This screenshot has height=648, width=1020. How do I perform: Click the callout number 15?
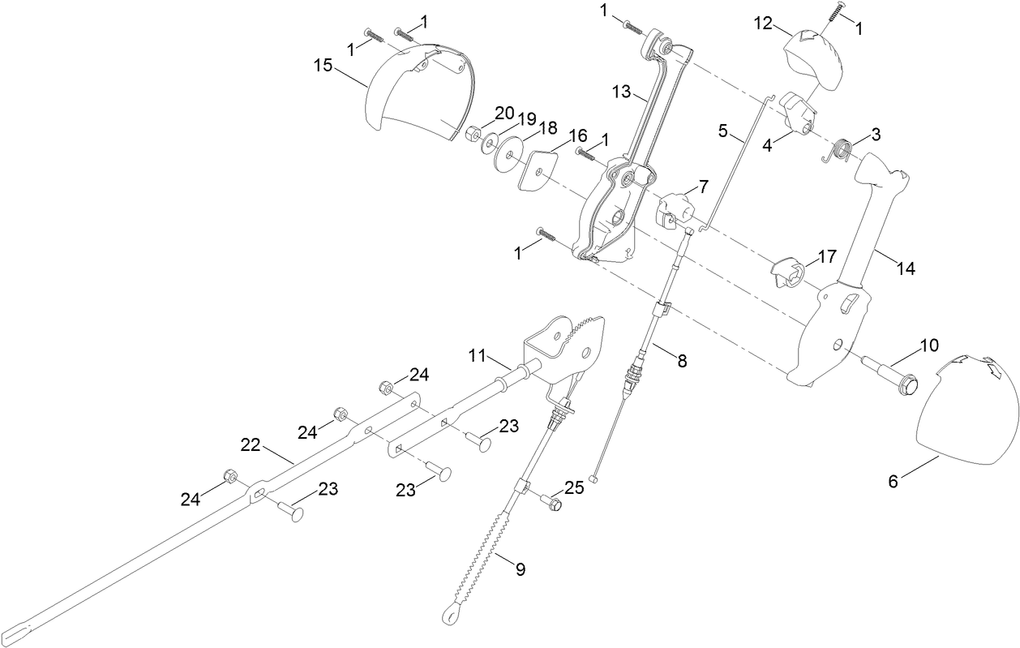coord(324,66)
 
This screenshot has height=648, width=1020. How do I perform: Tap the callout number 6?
coord(893,481)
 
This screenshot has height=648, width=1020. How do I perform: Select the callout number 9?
coord(520,569)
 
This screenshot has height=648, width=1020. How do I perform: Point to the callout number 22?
coord(251,444)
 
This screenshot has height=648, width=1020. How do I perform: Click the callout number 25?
coord(574,487)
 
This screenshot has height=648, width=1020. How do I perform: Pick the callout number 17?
coord(826,257)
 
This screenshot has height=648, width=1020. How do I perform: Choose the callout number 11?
coord(478,355)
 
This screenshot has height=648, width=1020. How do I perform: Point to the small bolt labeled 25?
coord(551,504)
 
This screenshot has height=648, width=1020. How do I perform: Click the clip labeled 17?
coord(786,272)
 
